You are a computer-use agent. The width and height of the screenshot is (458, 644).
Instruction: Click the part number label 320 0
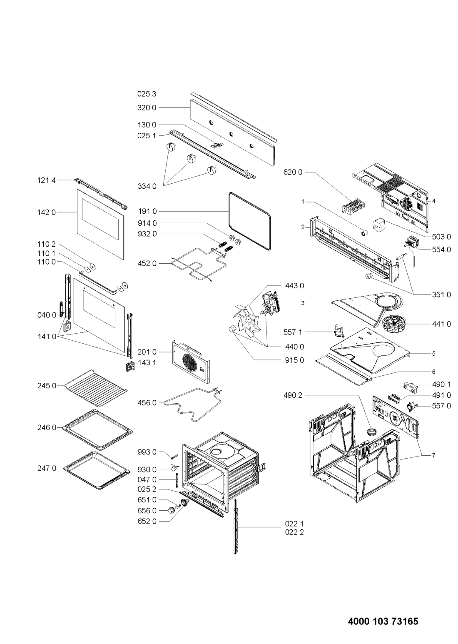(x=147, y=108)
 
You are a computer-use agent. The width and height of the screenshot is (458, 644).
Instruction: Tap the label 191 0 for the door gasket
(x=147, y=212)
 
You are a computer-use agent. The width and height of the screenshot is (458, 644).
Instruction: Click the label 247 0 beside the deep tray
(x=47, y=468)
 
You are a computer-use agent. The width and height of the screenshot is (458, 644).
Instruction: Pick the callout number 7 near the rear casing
(x=433, y=455)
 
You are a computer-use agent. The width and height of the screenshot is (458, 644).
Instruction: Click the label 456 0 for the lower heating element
(x=147, y=403)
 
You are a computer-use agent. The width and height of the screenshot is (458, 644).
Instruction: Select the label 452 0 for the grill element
(x=147, y=263)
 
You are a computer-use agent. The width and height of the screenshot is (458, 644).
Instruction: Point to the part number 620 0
(x=293, y=172)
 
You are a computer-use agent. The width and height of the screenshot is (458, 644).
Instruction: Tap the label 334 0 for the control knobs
(x=147, y=186)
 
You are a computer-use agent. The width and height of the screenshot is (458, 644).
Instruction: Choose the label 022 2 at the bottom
(x=294, y=532)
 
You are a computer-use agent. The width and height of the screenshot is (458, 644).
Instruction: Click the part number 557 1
(x=293, y=332)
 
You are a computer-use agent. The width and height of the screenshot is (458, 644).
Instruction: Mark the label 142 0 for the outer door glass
(x=47, y=212)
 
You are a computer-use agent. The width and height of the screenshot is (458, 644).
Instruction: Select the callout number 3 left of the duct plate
(x=303, y=303)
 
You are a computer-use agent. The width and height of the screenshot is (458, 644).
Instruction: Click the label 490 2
(x=293, y=395)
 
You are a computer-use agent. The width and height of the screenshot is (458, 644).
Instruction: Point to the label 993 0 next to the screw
(x=147, y=452)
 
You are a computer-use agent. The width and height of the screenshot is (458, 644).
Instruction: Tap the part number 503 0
(x=441, y=237)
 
